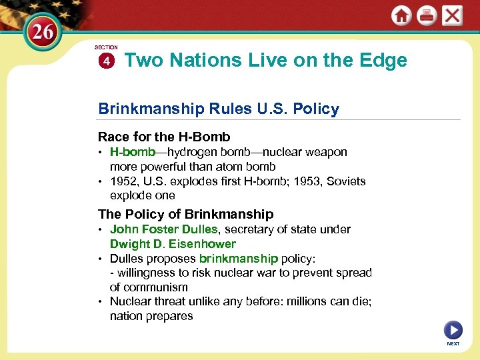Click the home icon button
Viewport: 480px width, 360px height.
(401, 16)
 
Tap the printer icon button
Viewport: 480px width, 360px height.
(427, 16)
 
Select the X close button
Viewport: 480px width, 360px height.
(453, 16)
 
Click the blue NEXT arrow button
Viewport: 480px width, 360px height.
(453, 329)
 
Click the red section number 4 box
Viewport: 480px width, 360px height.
(106, 61)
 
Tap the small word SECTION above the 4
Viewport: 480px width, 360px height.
(106, 48)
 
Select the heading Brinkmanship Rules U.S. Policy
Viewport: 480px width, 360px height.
(218, 109)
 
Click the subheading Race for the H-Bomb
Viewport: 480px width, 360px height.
(164, 137)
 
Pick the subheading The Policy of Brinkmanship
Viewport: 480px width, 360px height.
(185, 214)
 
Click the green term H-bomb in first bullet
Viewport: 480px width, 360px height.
(133, 152)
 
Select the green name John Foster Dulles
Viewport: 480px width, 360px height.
(163, 229)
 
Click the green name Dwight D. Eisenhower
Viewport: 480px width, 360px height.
(173, 244)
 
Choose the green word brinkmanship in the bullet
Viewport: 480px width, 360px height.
(238, 259)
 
